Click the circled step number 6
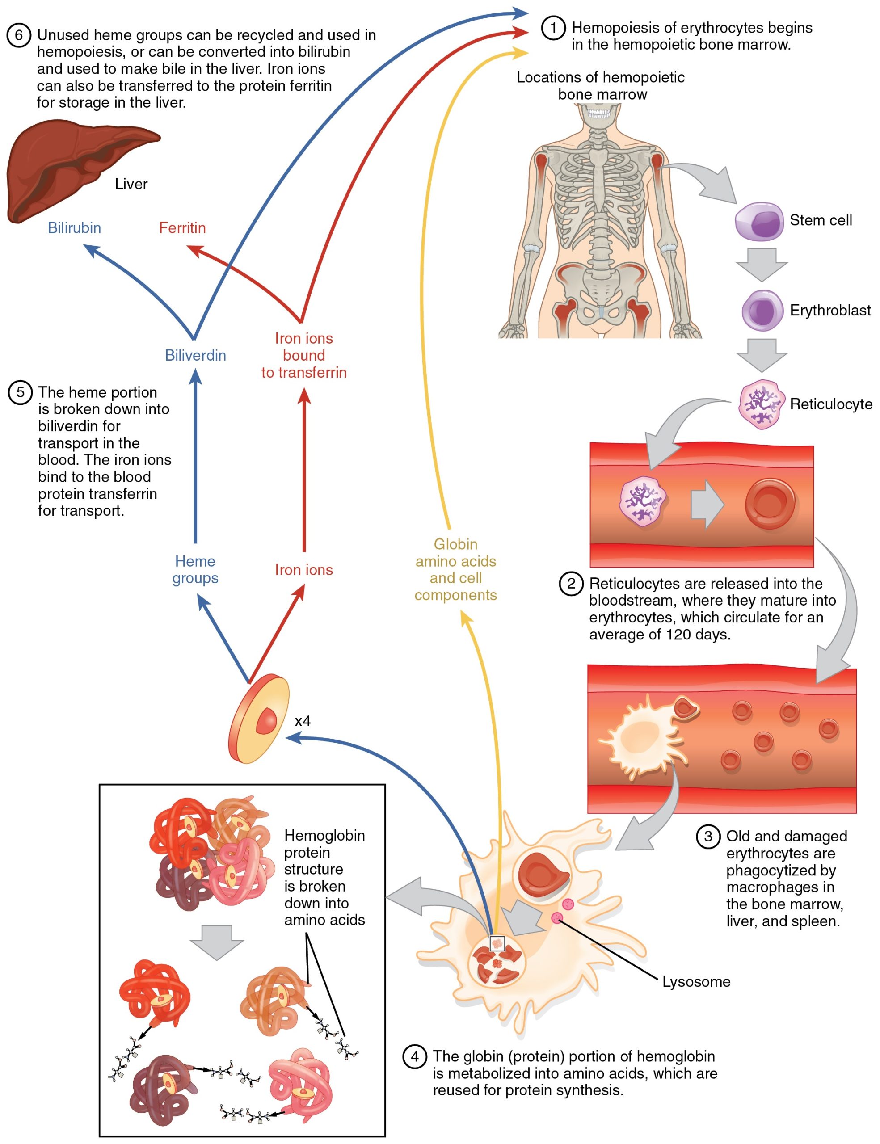pos(18,35)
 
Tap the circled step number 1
pos(553,27)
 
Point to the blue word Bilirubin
pos(74,228)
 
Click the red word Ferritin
pos(182,228)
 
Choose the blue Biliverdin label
pos(195,355)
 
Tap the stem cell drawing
pos(759,222)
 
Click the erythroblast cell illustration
pos(762,311)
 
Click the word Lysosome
pos(696,982)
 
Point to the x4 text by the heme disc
pos(303,721)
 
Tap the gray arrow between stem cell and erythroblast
pos(762,264)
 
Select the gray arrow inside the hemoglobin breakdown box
pos(217,941)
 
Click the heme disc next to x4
pos(259,719)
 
